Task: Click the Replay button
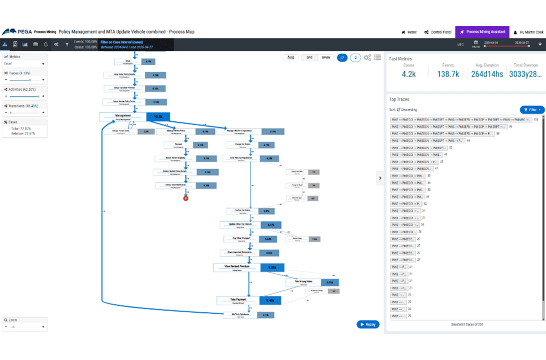tap(368, 324)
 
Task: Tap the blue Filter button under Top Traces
tap(532, 110)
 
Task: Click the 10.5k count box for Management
tap(158, 117)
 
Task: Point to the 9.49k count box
tap(270, 301)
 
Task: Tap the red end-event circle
tap(186, 198)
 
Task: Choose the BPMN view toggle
tap(326, 58)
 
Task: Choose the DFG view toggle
tap(309, 58)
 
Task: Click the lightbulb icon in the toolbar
tap(355, 58)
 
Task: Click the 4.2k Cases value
tap(408, 74)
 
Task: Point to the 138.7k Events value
tap(448, 74)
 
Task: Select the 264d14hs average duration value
tap(487, 74)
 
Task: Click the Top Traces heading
tap(399, 99)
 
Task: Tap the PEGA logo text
tap(25, 32)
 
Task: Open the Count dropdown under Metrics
tap(25, 64)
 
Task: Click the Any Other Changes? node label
tap(241, 239)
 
